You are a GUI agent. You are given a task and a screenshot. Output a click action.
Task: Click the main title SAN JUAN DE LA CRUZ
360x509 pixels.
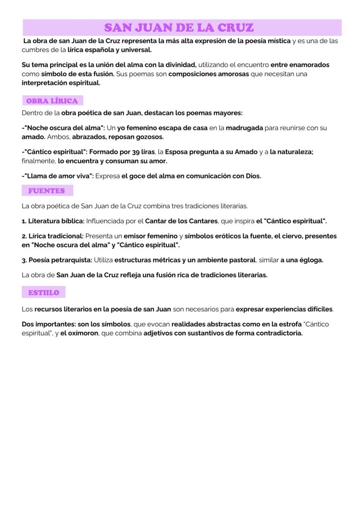[x=179, y=28]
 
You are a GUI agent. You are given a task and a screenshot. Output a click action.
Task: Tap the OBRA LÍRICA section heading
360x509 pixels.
[x=52, y=101]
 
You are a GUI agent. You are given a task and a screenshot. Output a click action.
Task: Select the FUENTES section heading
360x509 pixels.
[x=46, y=191]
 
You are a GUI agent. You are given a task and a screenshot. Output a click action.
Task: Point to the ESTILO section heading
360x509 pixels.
[x=43, y=293]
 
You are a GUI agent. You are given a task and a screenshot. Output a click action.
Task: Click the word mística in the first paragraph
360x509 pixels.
[x=277, y=41]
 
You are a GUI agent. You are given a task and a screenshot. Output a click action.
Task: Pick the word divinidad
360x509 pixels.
[x=179, y=65]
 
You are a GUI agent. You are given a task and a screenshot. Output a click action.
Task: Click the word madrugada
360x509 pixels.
[x=244, y=128]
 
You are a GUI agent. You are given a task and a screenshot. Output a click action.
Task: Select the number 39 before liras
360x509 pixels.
[x=136, y=152]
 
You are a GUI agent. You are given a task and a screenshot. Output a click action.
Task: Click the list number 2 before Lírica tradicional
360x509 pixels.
[x=24, y=236]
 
